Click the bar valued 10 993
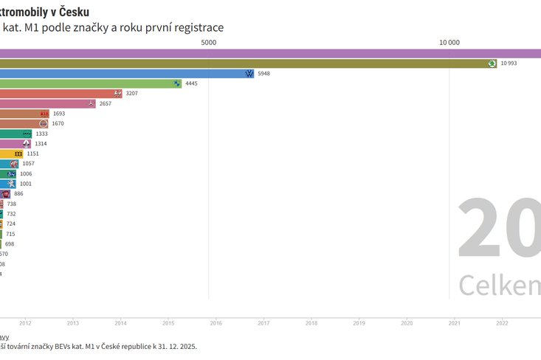(x=244, y=63)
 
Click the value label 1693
(x=59, y=114)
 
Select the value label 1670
(x=58, y=123)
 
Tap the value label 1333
(x=41, y=134)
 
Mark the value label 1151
(x=32, y=153)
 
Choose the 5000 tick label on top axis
(x=209, y=42)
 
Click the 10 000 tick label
(x=449, y=42)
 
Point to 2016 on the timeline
(x=216, y=323)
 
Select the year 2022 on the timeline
(x=502, y=323)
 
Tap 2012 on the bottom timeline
(x=25, y=323)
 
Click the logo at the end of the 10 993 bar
(x=492, y=63)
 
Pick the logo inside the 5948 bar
(x=249, y=74)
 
